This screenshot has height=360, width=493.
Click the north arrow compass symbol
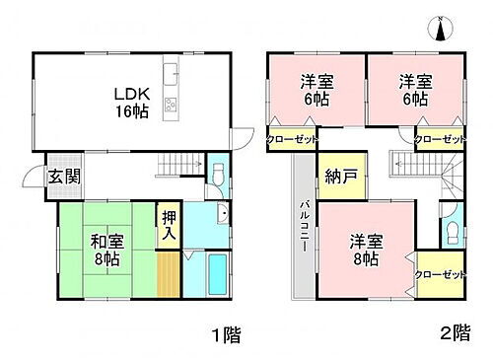440,30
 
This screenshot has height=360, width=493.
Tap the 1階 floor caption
225,334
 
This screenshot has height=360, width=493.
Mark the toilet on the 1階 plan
220,176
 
